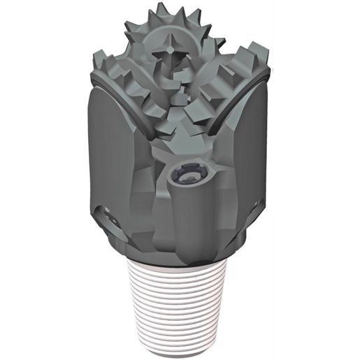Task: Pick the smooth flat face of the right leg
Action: tap(248, 161)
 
